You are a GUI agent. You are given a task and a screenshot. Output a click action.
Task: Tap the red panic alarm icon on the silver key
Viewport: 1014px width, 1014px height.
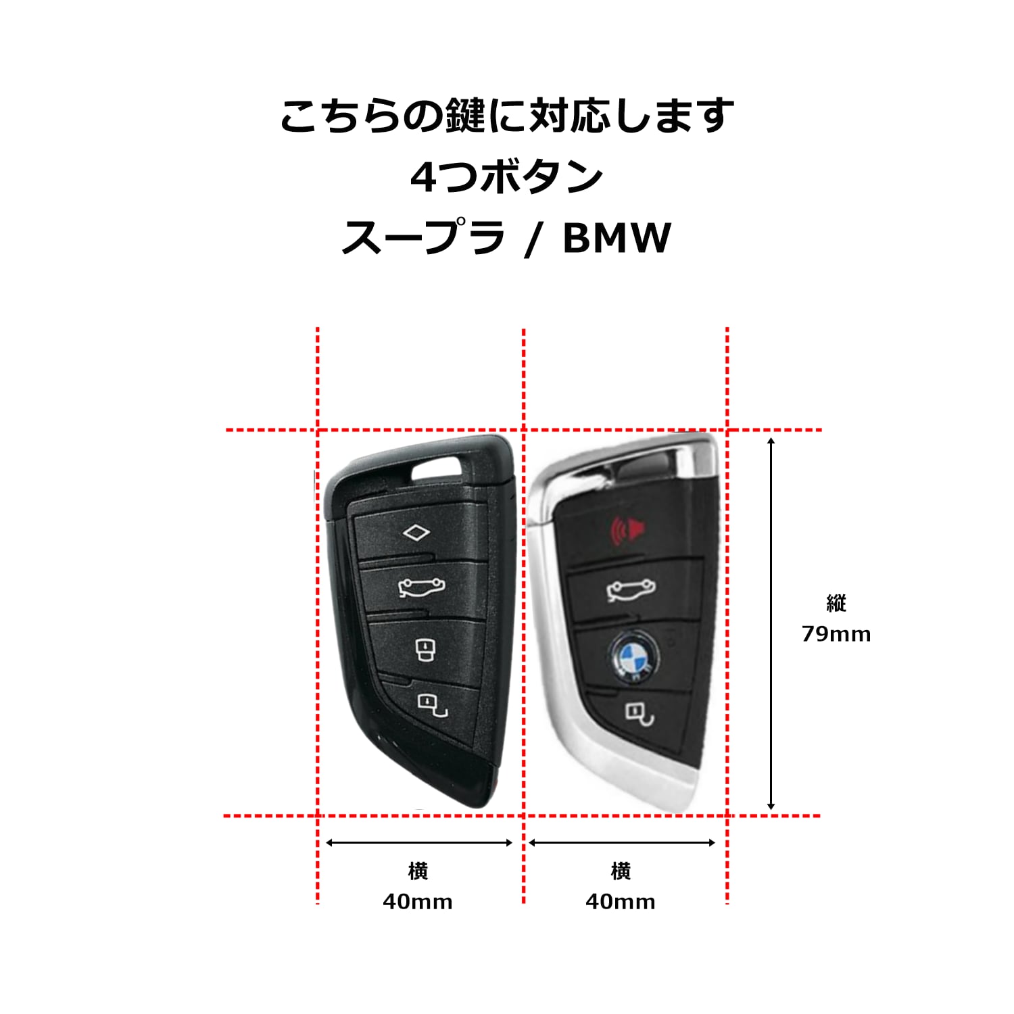click(x=627, y=530)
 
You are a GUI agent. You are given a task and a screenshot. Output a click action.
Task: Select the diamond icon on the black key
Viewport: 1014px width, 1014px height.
click(x=416, y=533)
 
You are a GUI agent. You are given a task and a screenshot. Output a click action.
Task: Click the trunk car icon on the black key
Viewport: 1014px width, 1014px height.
click(x=422, y=588)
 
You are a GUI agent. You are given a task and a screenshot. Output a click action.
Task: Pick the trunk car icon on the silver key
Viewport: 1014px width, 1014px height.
click(x=631, y=590)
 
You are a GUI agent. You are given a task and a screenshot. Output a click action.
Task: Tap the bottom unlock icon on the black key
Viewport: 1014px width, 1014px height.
click(x=433, y=704)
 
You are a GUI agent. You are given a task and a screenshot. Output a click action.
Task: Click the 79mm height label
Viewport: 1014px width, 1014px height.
click(x=836, y=634)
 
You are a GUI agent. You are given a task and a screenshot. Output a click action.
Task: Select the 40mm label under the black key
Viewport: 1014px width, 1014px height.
click(x=418, y=902)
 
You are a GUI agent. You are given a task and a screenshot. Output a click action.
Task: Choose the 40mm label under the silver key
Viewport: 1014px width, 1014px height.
click(x=621, y=902)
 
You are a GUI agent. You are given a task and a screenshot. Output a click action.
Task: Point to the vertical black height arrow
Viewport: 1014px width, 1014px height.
click(x=771, y=623)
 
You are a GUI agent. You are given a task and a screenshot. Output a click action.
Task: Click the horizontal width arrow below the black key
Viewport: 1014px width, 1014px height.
click(x=419, y=842)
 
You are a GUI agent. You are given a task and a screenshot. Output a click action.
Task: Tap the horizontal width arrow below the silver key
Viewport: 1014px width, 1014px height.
click(x=622, y=842)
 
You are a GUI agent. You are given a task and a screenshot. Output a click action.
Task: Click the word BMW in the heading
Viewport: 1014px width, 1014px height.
click(x=617, y=238)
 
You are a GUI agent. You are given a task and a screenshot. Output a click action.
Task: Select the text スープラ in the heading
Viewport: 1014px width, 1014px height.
click(x=423, y=238)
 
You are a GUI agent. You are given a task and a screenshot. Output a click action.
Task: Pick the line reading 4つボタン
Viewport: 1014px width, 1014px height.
click(x=507, y=177)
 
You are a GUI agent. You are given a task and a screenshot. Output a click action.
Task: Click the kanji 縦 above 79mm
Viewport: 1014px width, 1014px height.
click(x=836, y=603)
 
